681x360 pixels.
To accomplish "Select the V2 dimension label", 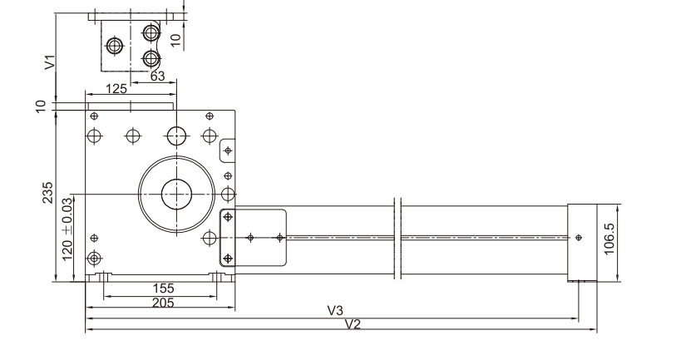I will (353, 323).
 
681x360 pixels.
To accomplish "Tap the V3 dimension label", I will (335, 310).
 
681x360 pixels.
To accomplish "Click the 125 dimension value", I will (116, 88).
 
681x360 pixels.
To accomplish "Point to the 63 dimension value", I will (157, 76).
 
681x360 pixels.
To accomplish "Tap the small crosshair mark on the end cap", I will (579, 238).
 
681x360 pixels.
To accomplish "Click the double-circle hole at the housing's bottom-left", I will (94, 256).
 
